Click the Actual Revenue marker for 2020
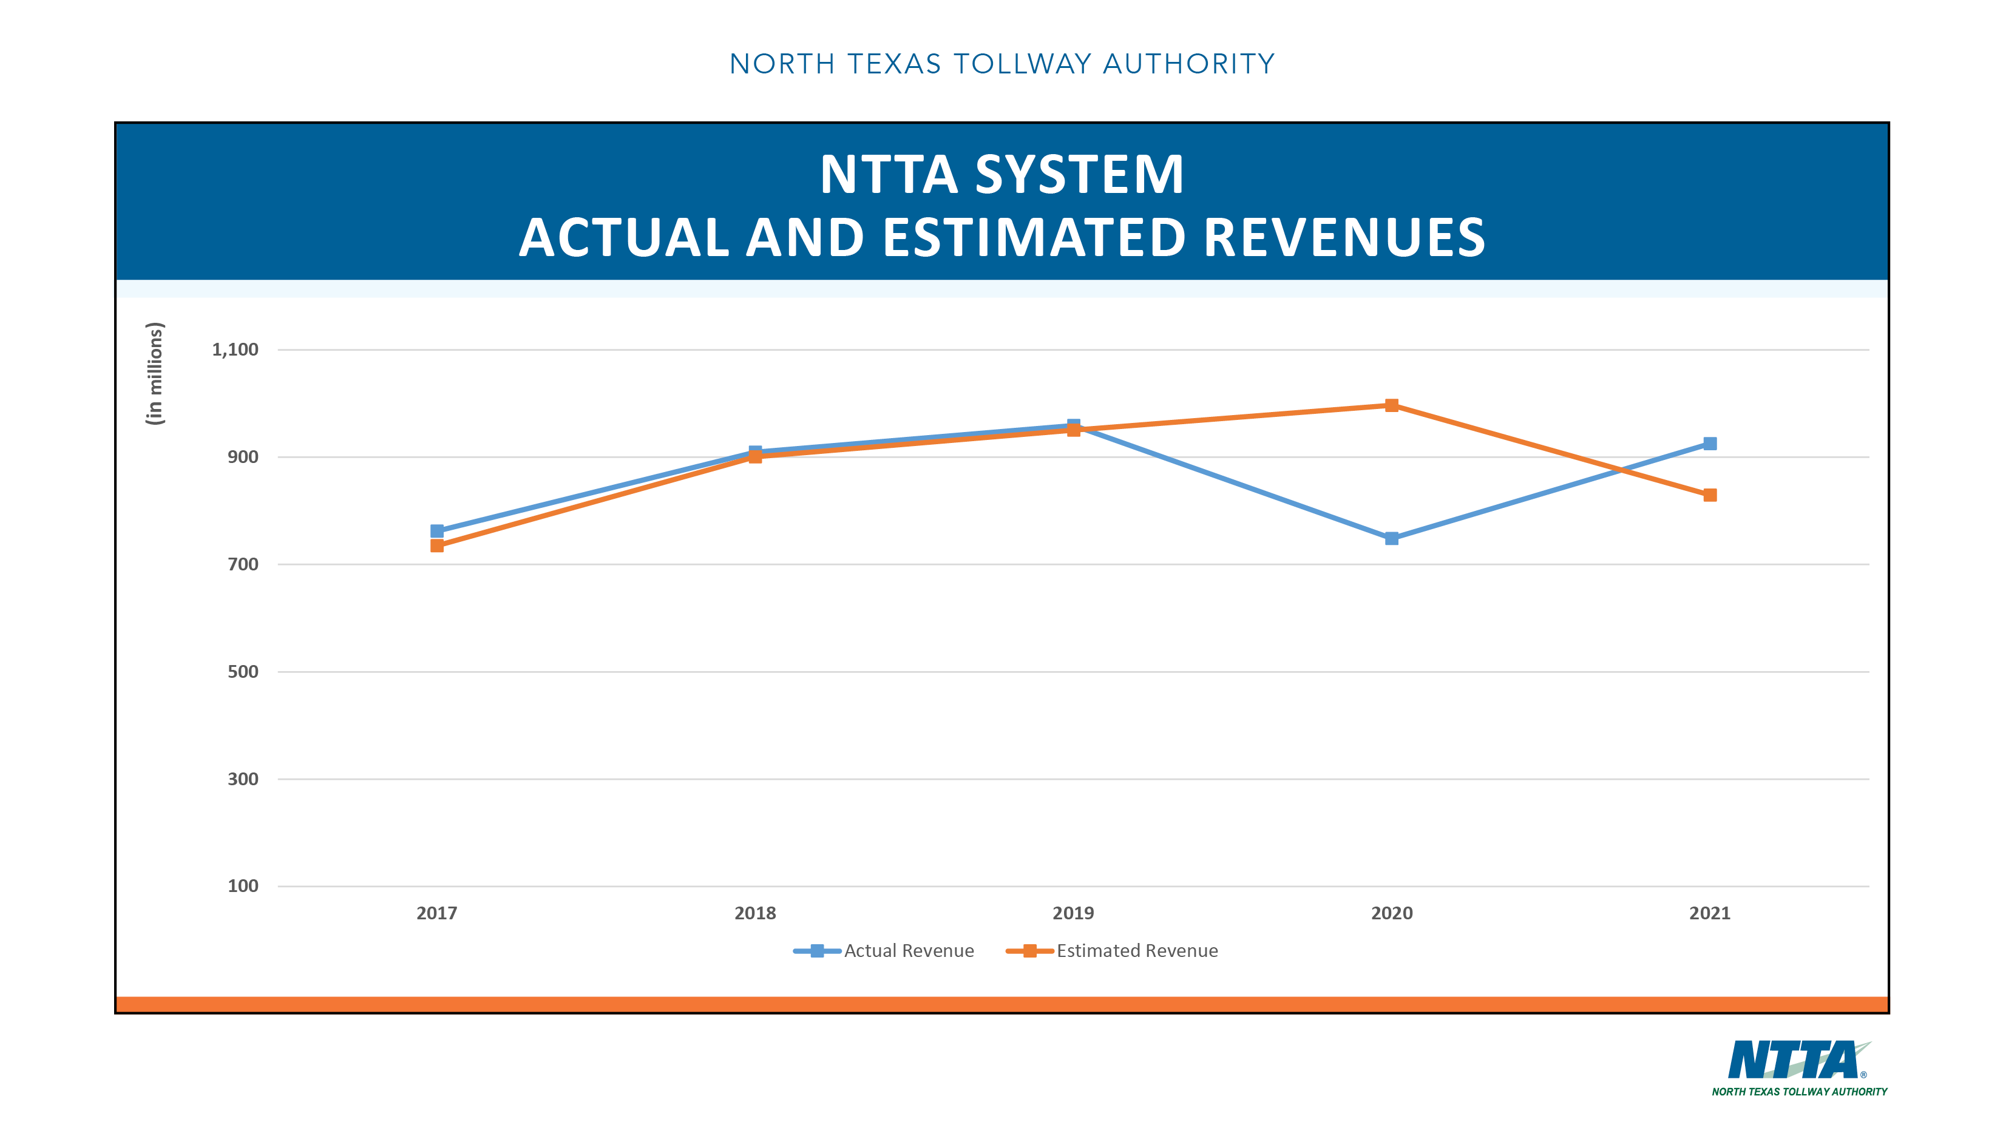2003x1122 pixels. click(x=1391, y=538)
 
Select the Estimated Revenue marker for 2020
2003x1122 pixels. click(x=1391, y=405)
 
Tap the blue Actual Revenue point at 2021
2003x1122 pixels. click(x=1709, y=443)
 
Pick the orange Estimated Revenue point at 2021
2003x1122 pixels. click(x=1709, y=495)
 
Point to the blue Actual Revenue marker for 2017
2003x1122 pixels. click(x=437, y=531)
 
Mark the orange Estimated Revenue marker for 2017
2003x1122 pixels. click(x=437, y=546)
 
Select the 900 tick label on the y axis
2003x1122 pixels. click(x=243, y=457)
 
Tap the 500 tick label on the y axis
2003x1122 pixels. click(x=243, y=672)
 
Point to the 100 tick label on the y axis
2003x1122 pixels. click(x=243, y=885)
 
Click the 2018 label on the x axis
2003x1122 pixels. click(x=755, y=913)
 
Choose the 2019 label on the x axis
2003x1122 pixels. click(x=1073, y=913)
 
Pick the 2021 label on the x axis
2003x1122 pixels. click(x=1709, y=913)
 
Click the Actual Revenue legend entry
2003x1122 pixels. click(x=885, y=950)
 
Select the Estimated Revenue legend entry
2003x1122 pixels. click(x=1113, y=950)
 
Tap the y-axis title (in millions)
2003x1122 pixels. click(x=155, y=373)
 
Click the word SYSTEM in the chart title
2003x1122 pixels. click(x=1079, y=174)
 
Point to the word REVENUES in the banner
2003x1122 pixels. click(x=1344, y=237)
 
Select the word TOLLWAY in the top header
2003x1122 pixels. click(x=1023, y=64)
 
